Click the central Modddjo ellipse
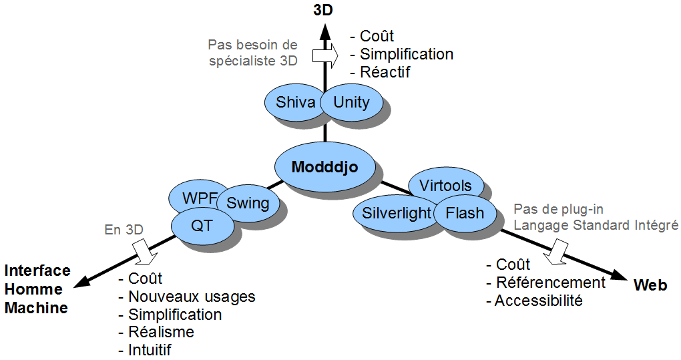coord(325,167)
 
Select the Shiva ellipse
coord(295,102)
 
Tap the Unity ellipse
coord(351,102)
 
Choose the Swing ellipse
coord(248,203)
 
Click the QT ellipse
coord(202,226)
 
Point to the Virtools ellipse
coord(445,186)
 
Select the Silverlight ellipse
coord(396,213)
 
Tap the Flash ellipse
coord(465,213)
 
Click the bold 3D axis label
coord(323,11)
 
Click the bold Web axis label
coord(650,285)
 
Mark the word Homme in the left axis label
coord(33,289)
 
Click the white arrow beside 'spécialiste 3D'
coord(325,55)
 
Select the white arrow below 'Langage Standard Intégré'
coord(556,252)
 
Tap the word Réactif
coord(385,72)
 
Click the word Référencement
coord(551,283)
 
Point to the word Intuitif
coord(150,349)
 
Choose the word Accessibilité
coord(539,301)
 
